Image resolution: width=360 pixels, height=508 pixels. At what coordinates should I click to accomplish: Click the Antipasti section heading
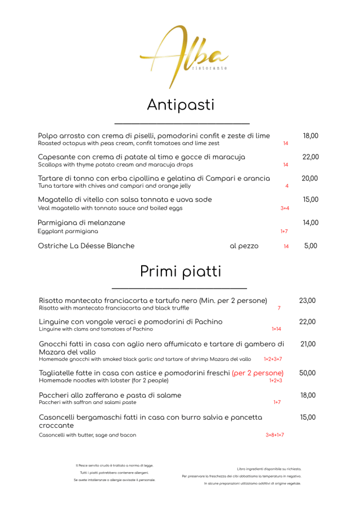pyautogui.click(x=181, y=105)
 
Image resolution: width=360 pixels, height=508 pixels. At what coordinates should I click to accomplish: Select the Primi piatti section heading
pyautogui.click(x=180, y=271)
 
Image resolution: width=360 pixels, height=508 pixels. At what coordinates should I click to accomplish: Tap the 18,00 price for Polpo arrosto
pyautogui.click(x=310, y=136)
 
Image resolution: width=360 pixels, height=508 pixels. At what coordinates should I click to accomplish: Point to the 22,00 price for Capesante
pyautogui.click(x=310, y=157)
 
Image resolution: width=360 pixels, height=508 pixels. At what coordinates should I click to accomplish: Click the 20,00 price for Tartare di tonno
pyautogui.click(x=310, y=179)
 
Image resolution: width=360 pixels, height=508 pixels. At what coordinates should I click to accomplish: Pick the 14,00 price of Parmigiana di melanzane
pyautogui.click(x=310, y=223)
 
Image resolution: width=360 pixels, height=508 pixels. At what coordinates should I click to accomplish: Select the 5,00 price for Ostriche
pyautogui.click(x=310, y=246)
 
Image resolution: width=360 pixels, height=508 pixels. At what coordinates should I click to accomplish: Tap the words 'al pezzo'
pyautogui.click(x=244, y=246)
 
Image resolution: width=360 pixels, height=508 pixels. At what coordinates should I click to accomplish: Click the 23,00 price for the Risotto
pyautogui.click(x=307, y=301)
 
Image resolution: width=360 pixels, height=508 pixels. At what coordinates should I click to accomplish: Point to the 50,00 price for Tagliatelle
pyautogui.click(x=307, y=373)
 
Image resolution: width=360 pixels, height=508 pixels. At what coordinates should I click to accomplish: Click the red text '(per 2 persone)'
pyautogui.click(x=258, y=373)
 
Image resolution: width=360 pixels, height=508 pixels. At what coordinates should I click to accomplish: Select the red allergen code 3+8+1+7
pyautogui.click(x=274, y=435)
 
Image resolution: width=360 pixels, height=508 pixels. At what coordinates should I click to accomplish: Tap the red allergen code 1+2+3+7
pyautogui.click(x=273, y=359)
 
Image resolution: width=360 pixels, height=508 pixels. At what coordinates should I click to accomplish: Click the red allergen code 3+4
pyautogui.click(x=285, y=208)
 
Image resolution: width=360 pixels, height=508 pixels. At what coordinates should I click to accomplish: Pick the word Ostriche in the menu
pyautogui.click(x=52, y=246)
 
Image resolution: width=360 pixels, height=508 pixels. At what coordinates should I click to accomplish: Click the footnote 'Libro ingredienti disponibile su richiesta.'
pyautogui.click(x=269, y=469)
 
